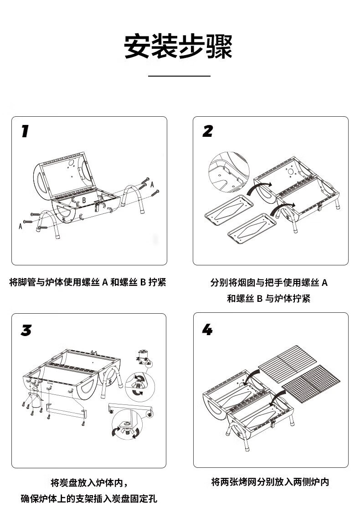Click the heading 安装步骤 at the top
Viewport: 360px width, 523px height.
coord(179,47)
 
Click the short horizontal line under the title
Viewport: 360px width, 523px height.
coord(180,76)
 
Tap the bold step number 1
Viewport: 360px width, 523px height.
coord(26,131)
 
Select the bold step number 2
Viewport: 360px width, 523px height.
coord(208,131)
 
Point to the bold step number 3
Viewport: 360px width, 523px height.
coord(26,330)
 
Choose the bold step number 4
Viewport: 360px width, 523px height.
coord(207,329)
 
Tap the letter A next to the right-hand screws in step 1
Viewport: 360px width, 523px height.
coord(152,183)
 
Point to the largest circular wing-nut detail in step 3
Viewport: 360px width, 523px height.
coord(126,425)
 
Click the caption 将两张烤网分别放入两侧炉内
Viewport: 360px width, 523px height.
coord(270,482)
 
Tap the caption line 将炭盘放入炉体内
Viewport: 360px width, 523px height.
coord(89,482)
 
